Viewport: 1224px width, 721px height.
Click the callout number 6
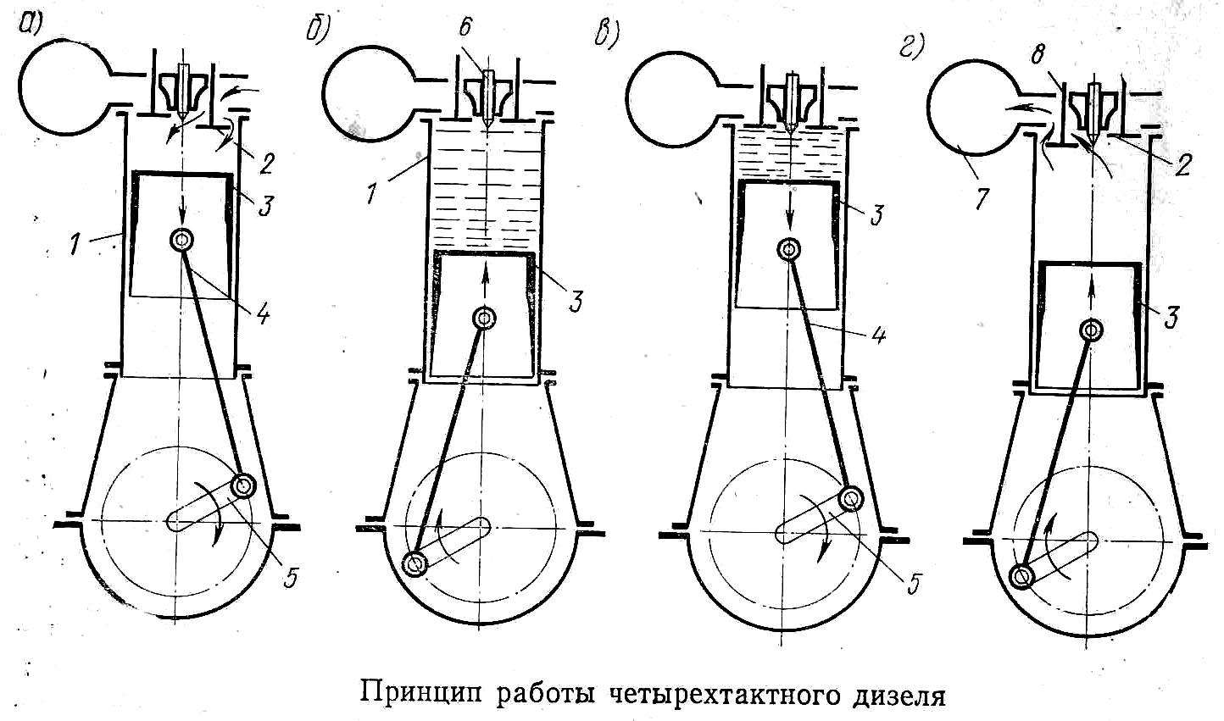point(465,26)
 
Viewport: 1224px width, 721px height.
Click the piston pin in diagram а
point(181,240)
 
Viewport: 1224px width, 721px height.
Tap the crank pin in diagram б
point(414,563)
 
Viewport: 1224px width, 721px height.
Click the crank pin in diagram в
point(850,499)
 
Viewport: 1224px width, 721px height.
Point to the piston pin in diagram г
point(1091,330)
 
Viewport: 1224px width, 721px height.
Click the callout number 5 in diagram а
point(291,577)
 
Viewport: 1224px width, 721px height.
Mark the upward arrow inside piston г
point(1091,297)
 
